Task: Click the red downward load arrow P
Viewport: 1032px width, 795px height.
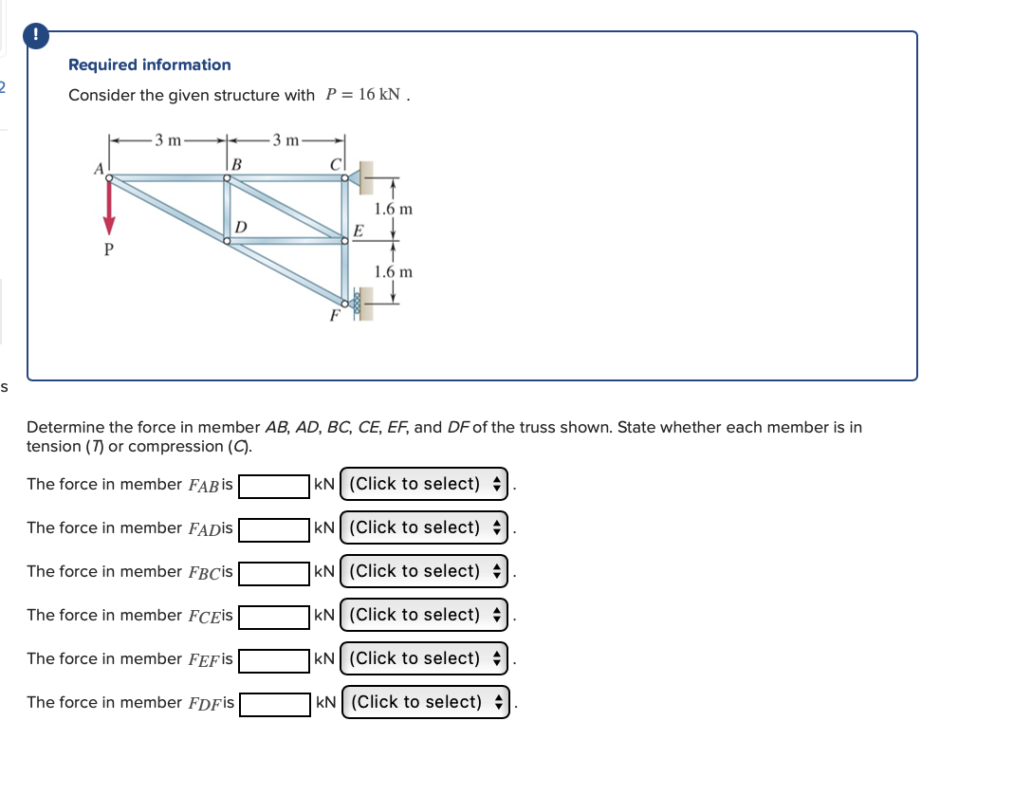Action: (109, 207)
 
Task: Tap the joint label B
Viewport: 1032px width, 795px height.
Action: (236, 165)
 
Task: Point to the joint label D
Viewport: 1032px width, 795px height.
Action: (241, 227)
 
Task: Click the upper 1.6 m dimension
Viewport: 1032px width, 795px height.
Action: (393, 209)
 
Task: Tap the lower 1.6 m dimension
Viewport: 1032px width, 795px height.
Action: (393, 271)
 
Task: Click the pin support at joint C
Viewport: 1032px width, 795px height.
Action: (359, 176)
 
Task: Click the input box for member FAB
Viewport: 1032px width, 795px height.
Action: (274, 485)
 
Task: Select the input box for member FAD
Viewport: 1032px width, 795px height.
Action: (274, 528)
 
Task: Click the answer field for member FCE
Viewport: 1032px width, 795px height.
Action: (274, 616)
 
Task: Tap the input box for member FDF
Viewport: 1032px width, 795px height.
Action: (274, 703)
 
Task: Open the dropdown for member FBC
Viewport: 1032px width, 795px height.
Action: (424, 571)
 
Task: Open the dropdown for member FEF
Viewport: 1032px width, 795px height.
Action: (424, 658)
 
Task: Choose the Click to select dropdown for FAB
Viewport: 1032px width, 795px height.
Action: (424, 484)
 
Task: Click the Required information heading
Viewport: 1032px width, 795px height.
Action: (150, 65)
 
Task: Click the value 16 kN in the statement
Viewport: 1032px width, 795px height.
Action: (378, 95)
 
